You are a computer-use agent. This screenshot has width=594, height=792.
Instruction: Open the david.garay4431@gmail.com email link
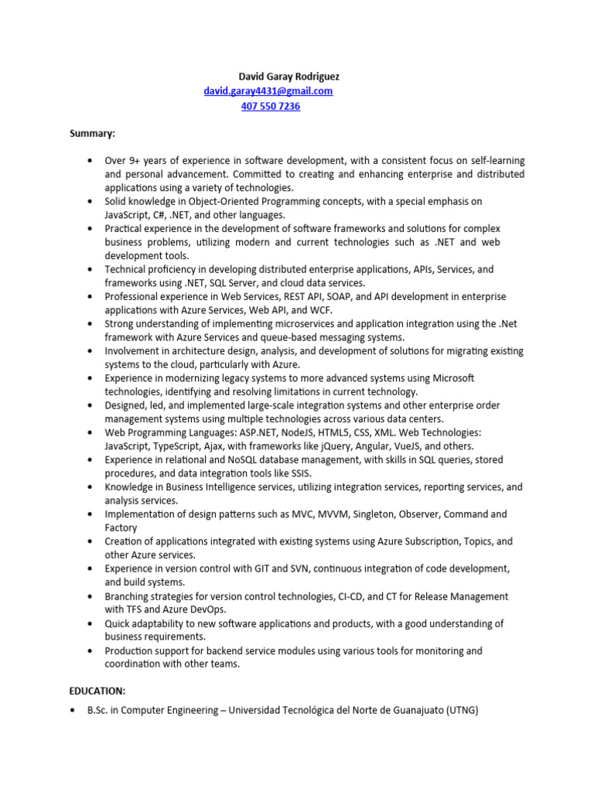coord(268,91)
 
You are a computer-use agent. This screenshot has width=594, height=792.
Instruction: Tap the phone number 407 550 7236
coord(271,106)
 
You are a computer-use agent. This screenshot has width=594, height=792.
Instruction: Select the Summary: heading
coord(92,133)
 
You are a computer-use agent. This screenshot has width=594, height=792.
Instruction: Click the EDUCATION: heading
coord(97,691)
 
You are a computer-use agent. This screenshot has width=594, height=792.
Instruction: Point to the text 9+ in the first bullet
coord(136,161)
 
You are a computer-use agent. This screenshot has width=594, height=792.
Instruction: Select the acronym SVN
coord(295,568)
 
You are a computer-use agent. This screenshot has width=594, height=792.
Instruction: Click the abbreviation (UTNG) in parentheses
coord(461,710)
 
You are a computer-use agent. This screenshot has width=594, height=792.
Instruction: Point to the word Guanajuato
coord(409,710)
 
